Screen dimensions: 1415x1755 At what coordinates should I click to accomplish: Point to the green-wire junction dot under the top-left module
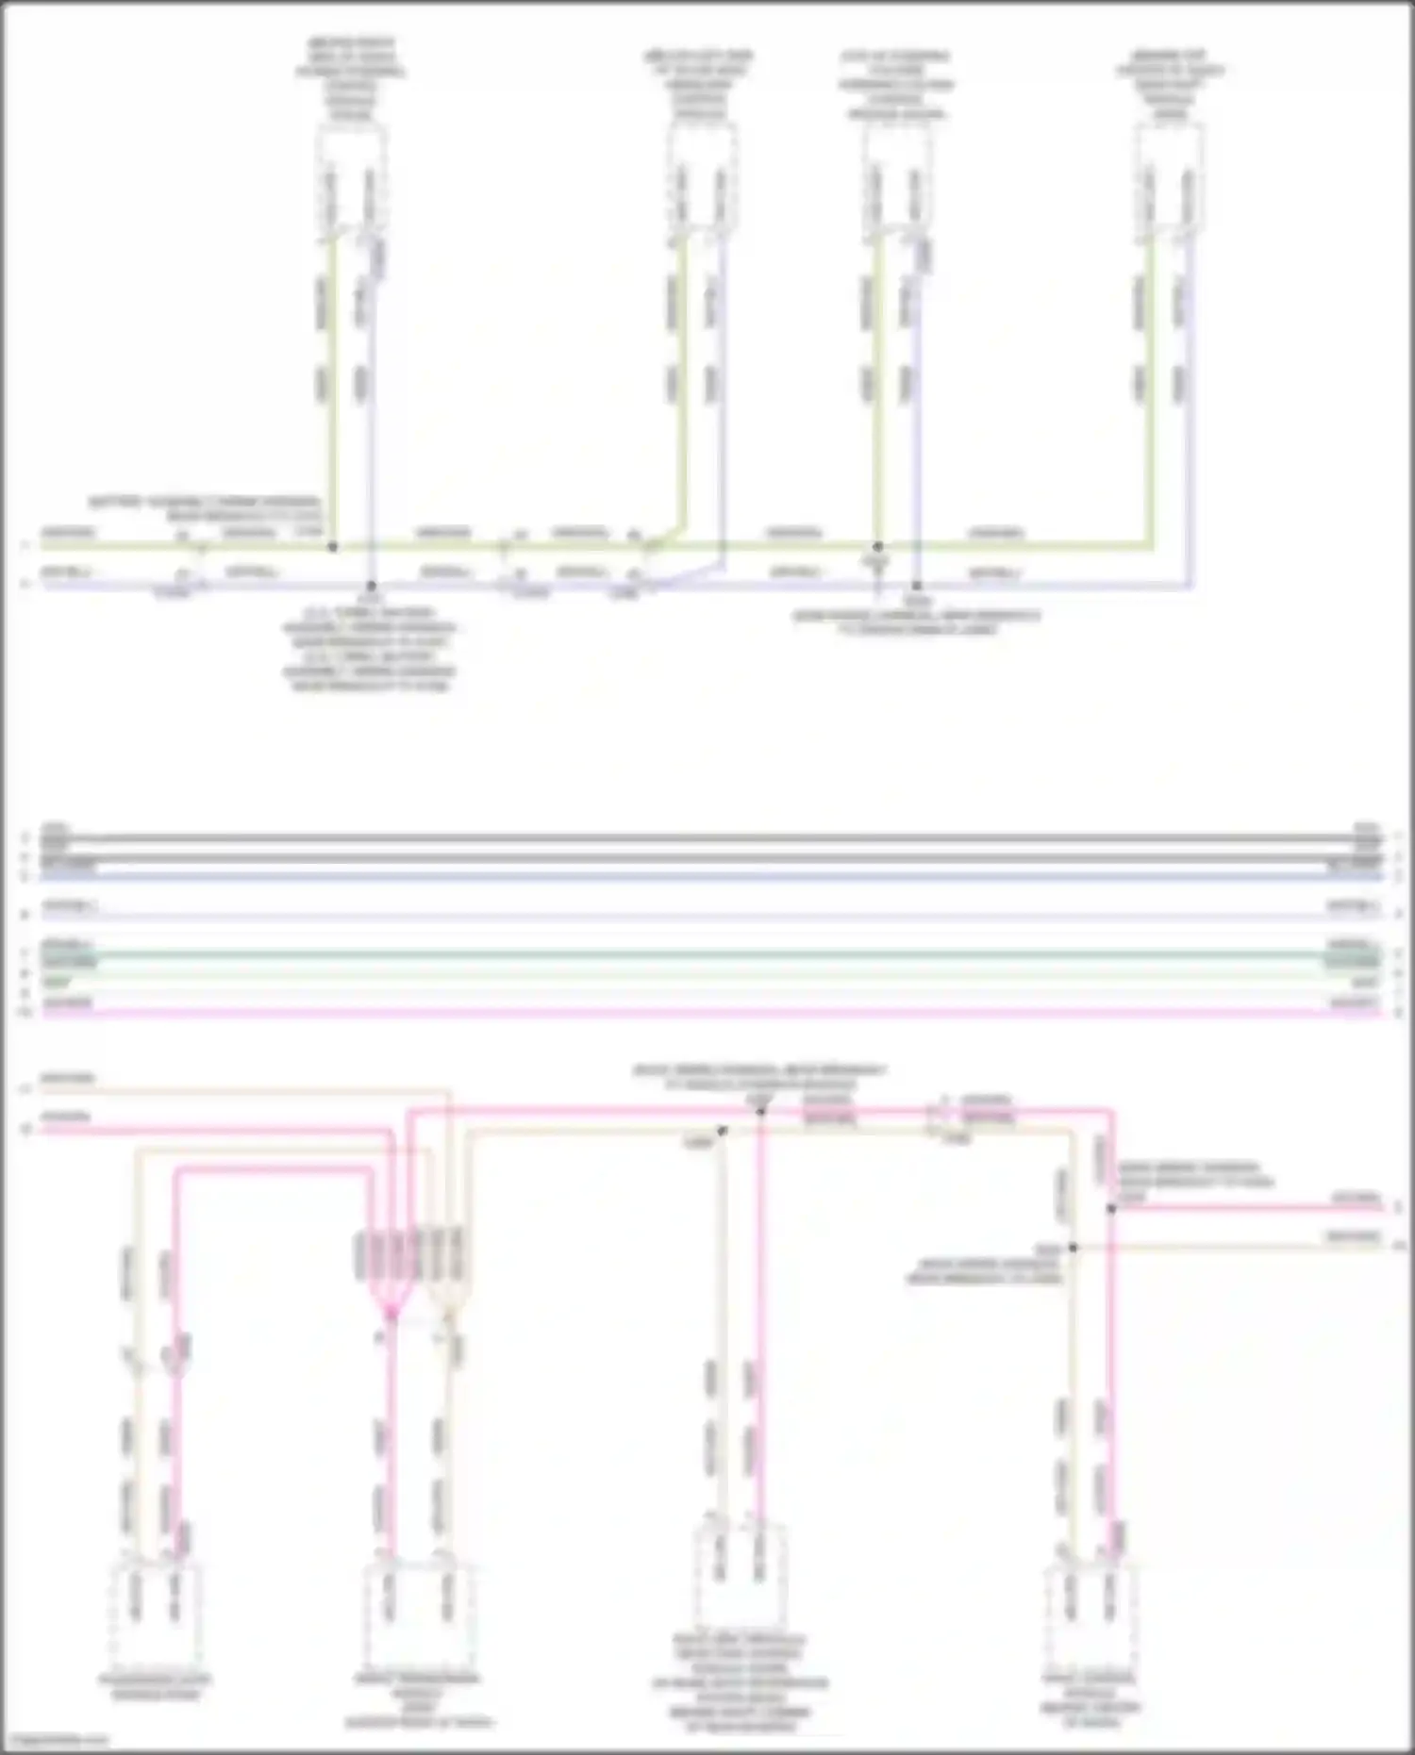[x=332, y=546]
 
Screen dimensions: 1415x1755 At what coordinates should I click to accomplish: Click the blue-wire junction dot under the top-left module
[x=372, y=586]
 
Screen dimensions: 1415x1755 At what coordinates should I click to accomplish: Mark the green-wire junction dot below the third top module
[x=877, y=546]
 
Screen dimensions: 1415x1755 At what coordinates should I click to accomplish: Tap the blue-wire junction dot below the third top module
[x=916, y=586]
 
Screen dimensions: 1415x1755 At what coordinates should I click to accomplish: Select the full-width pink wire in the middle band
[x=707, y=1013]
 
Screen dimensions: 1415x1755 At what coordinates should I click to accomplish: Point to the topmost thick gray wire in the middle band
[x=707, y=837]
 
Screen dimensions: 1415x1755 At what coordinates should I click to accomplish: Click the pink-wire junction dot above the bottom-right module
[x=1111, y=1208]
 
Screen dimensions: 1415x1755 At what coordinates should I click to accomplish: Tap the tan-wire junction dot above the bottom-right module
[x=1073, y=1248]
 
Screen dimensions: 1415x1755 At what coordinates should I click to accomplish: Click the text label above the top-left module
[x=351, y=79]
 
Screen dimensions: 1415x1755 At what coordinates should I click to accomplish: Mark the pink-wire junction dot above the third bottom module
[x=761, y=1111]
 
